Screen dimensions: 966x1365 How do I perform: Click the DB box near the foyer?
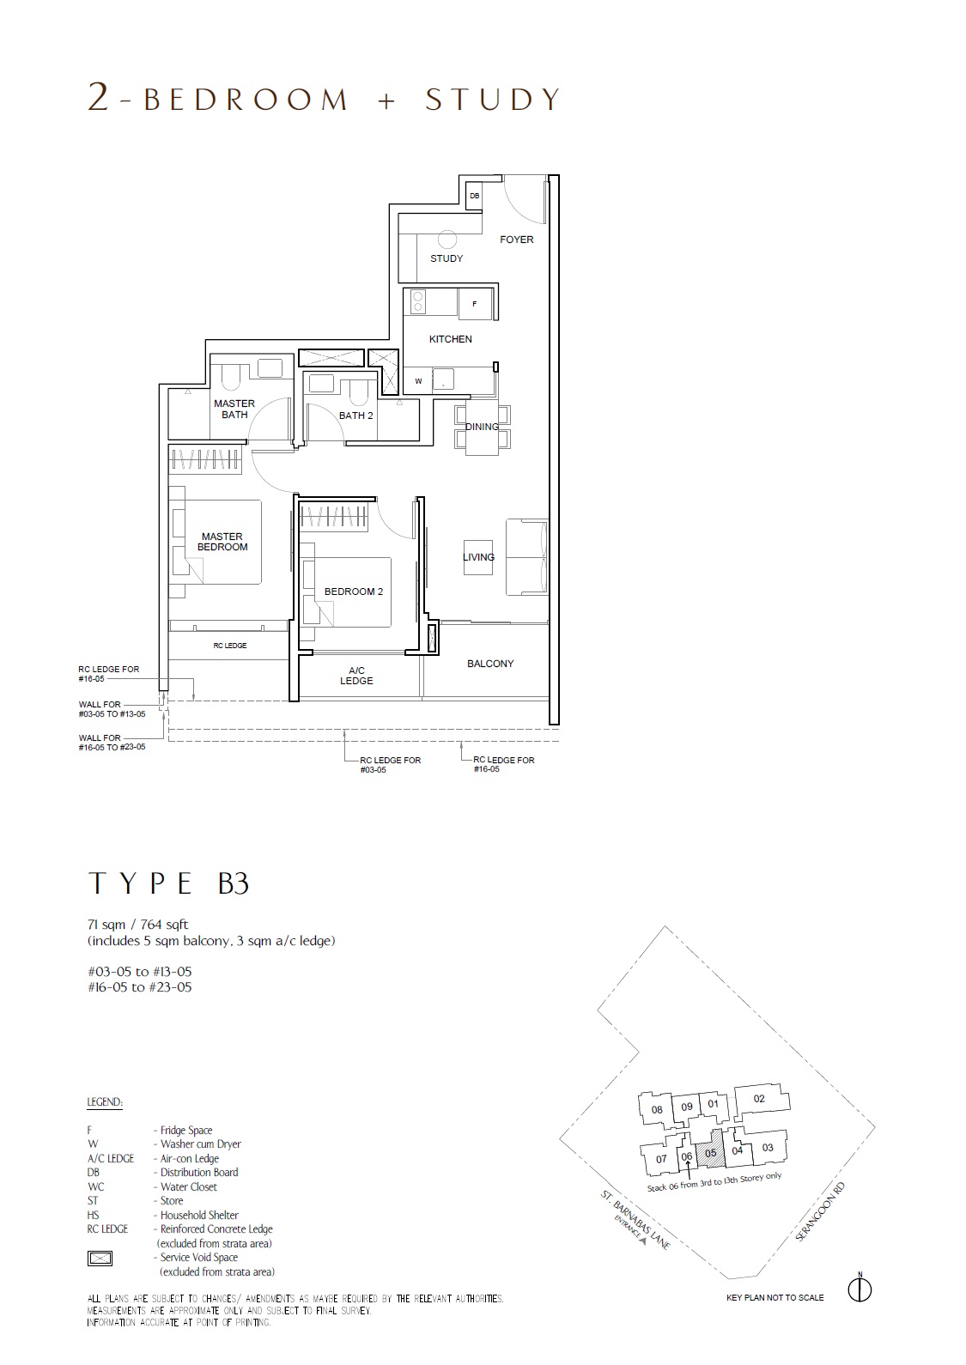tap(474, 197)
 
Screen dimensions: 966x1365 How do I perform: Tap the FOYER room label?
tap(516, 240)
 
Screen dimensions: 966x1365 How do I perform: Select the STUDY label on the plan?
tap(447, 258)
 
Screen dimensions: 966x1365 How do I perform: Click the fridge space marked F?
tap(475, 303)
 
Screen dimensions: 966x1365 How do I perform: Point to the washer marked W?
tap(418, 381)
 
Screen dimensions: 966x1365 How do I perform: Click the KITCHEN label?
tap(451, 339)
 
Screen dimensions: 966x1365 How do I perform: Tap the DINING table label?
tap(482, 427)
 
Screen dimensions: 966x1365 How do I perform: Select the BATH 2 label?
tap(356, 416)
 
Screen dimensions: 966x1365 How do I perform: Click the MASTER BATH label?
tap(234, 409)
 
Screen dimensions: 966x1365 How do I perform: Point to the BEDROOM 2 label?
tap(354, 591)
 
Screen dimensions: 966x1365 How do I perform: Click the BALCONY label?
tap(490, 664)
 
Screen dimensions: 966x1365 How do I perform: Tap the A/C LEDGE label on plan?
tap(356, 676)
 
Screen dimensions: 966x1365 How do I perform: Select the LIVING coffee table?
tap(478, 557)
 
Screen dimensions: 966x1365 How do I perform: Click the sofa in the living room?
tap(526, 557)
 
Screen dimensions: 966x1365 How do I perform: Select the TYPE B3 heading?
tap(169, 883)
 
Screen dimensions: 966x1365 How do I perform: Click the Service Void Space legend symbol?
tap(100, 1258)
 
